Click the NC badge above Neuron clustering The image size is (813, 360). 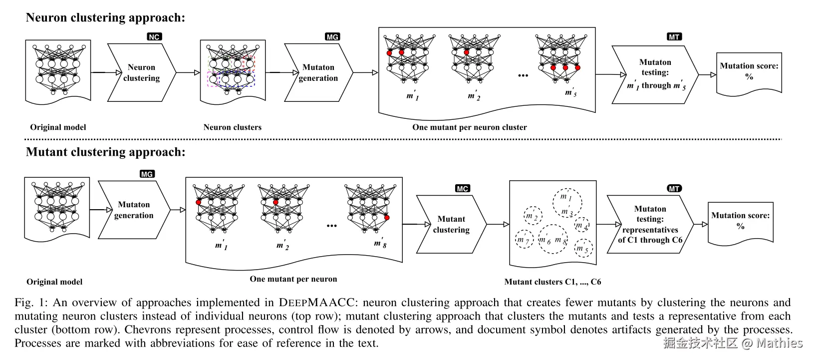(154, 36)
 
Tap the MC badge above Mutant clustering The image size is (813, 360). (462, 189)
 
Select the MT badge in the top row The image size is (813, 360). (674, 36)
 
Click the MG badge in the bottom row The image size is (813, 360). (147, 174)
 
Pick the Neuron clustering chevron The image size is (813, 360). (142, 73)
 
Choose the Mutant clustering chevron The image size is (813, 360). (451, 225)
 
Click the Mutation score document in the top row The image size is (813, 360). (749, 74)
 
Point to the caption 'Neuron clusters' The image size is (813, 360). (232, 127)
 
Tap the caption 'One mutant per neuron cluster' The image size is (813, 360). (469, 127)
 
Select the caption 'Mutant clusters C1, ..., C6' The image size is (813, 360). (552, 282)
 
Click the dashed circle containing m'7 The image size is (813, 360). (524, 239)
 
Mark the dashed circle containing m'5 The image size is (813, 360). (583, 248)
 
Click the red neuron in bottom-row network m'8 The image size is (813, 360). (387, 218)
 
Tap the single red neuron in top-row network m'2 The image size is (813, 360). (466, 52)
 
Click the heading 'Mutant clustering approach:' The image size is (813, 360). (105, 152)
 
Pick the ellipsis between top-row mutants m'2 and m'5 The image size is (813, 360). (523, 75)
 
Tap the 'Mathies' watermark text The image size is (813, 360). (779, 343)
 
